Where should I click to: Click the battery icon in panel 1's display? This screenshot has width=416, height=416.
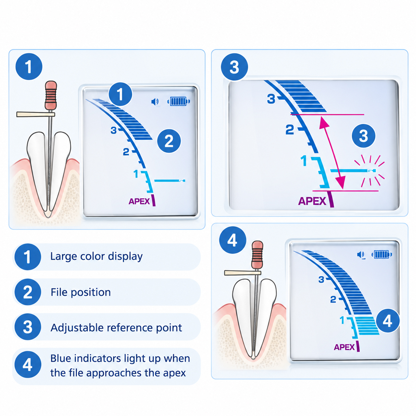tap(179, 101)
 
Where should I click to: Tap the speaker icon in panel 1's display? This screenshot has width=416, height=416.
tap(155, 102)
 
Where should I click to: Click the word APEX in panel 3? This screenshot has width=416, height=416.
tap(312, 201)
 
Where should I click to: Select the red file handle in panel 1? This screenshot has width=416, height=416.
tap(51, 95)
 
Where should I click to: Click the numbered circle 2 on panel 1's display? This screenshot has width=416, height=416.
tap(169, 141)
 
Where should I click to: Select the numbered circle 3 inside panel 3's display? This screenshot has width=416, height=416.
tap(364, 136)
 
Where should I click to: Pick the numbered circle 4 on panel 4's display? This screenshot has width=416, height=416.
tap(388, 321)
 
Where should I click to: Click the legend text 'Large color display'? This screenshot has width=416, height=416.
tap(96, 257)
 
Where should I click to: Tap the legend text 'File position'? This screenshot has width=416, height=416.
tap(80, 292)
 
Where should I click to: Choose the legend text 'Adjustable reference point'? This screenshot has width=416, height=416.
tap(116, 328)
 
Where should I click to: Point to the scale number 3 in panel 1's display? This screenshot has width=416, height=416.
tap(114, 130)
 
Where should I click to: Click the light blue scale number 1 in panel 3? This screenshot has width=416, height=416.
tap(304, 161)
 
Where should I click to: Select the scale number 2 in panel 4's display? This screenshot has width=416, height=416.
tap(333, 299)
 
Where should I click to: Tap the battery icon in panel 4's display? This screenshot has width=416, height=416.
tap(382, 254)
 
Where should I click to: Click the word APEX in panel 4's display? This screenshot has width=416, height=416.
tap(344, 347)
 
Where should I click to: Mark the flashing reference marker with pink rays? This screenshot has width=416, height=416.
tap(370, 171)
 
